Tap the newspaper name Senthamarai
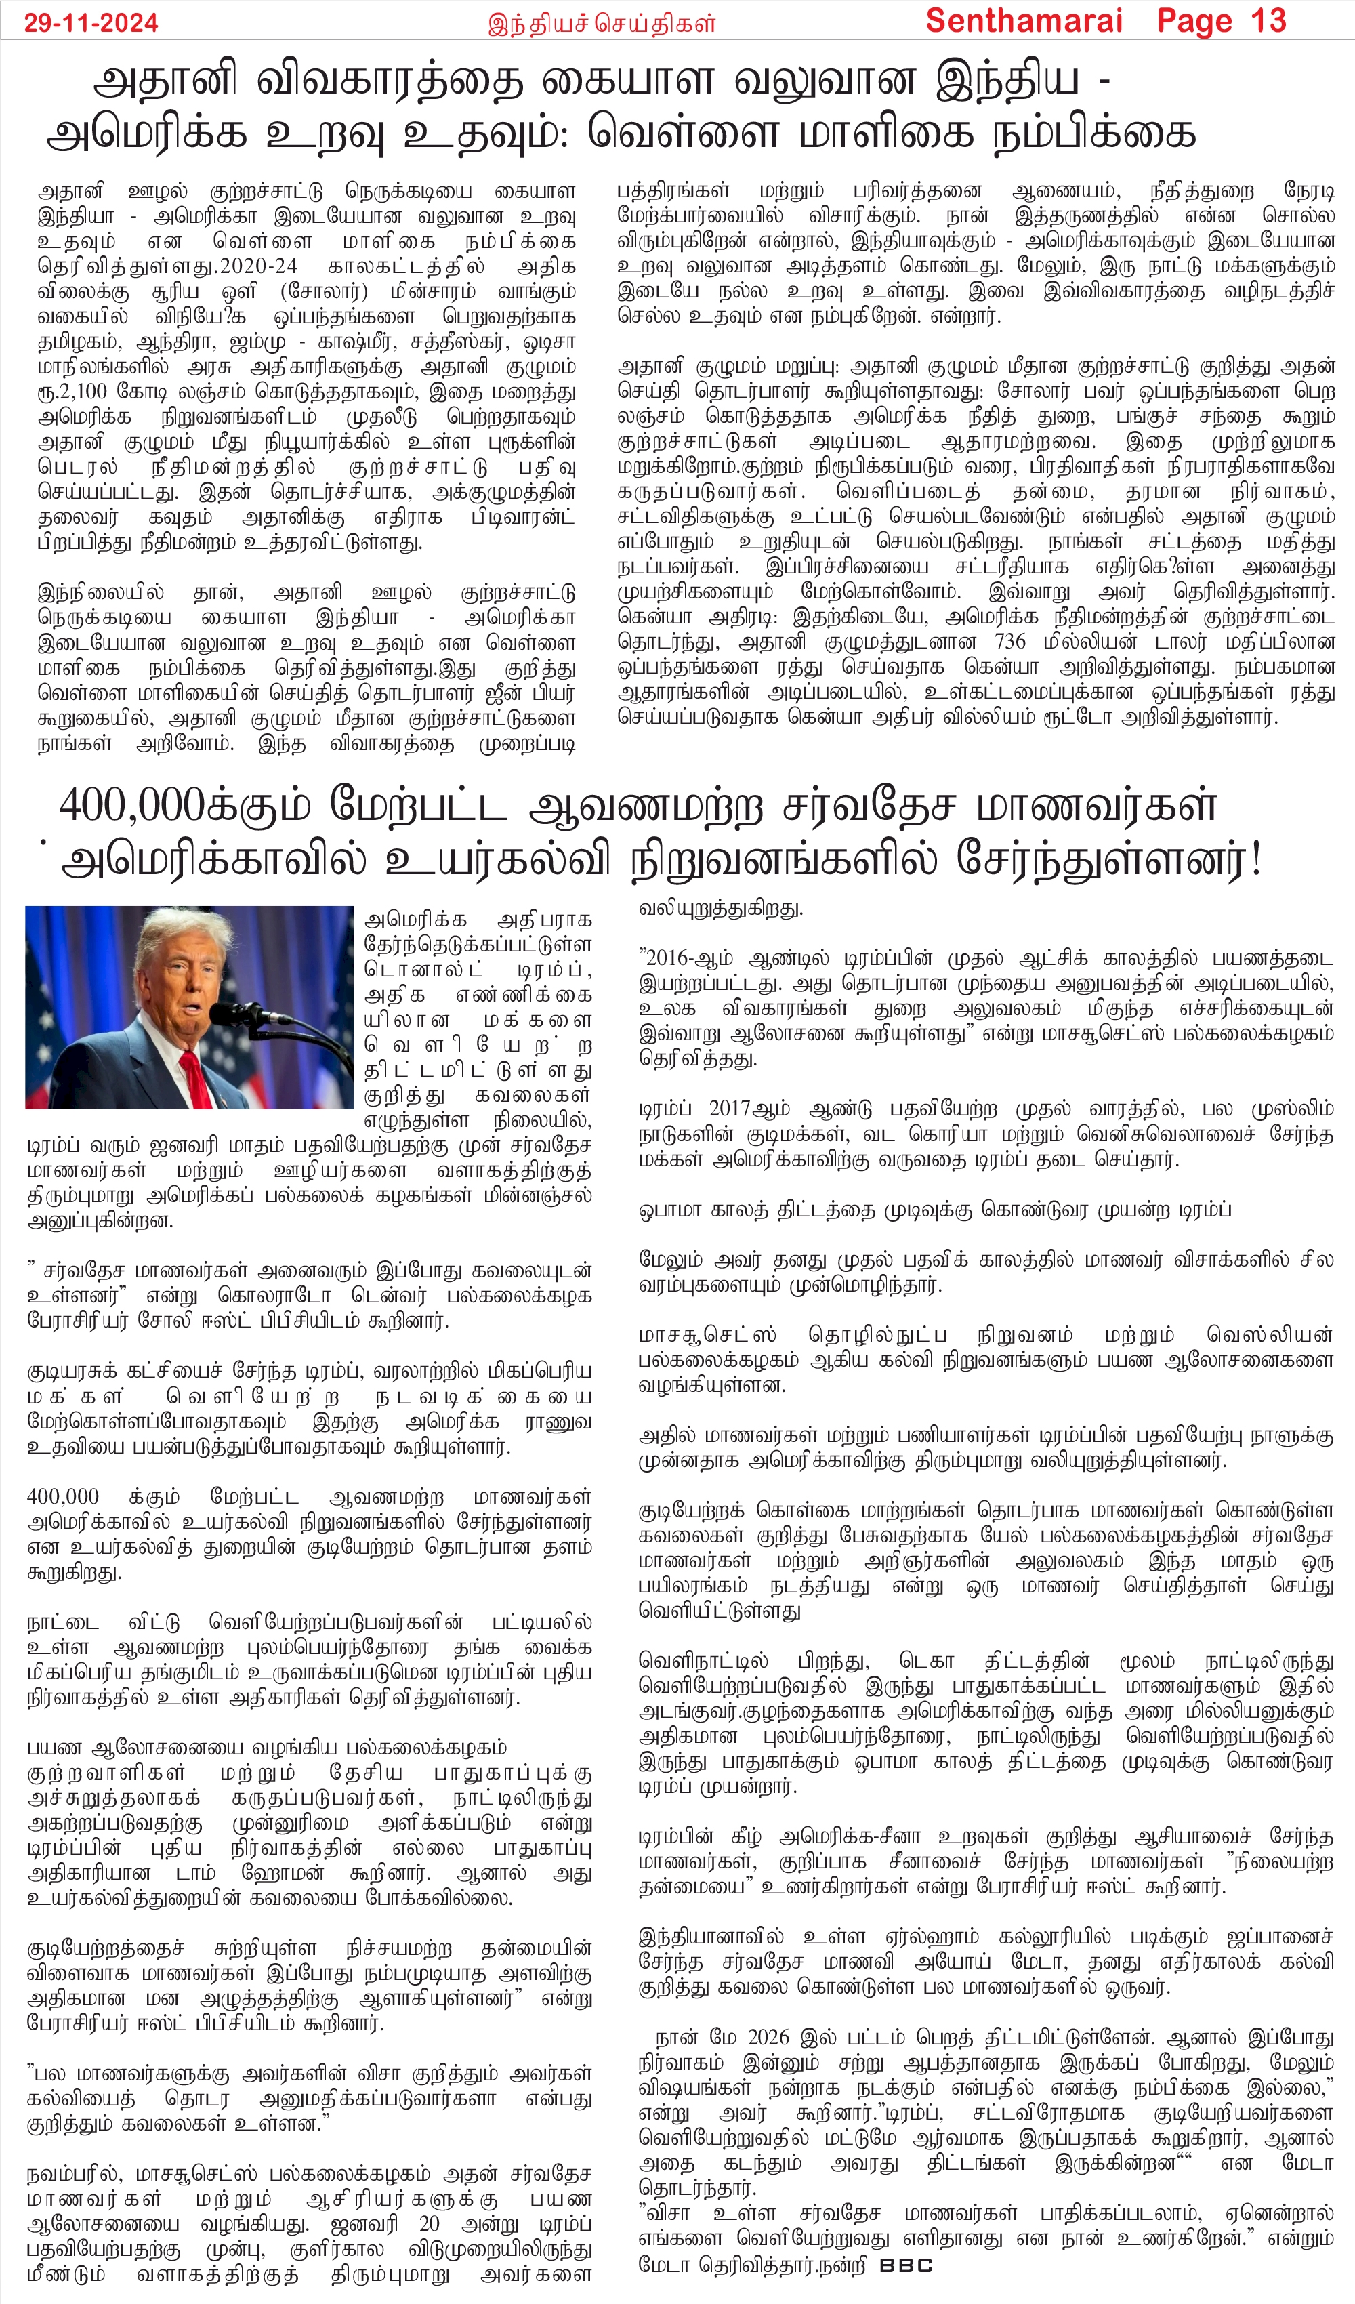pos(1024,20)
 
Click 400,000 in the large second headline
pos(131,806)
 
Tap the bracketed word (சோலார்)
pos(324,291)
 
